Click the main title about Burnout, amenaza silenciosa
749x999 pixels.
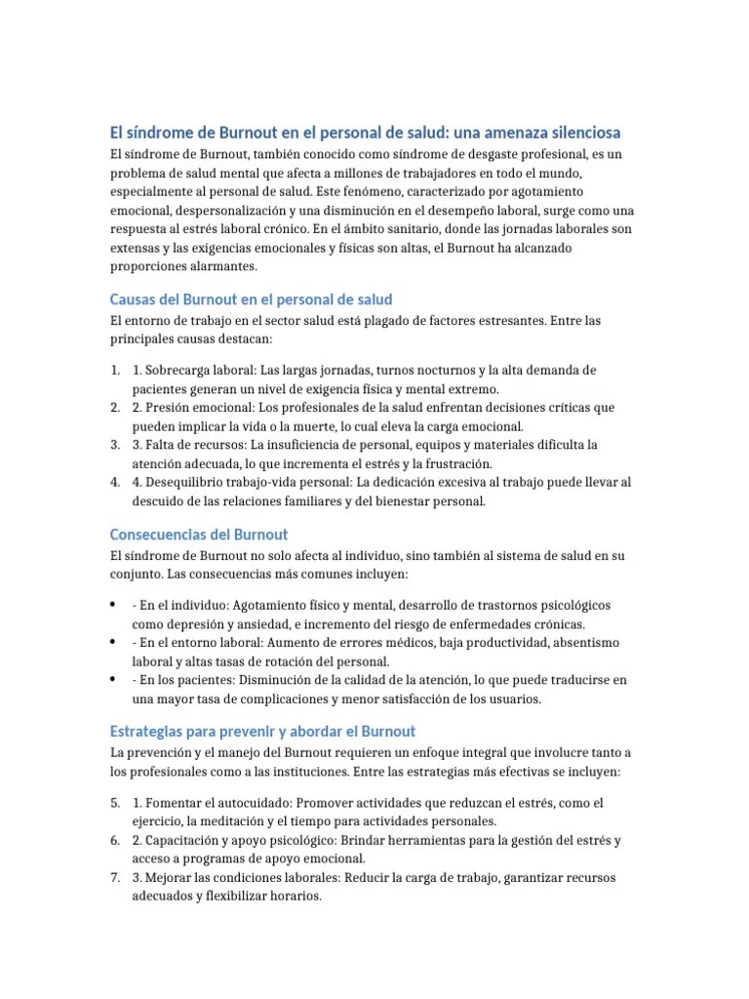pos(365,133)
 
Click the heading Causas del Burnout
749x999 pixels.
pos(251,299)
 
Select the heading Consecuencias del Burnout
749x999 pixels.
pos(199,535)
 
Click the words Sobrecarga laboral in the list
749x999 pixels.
pos(199,371)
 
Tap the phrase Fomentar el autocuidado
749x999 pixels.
pos(217,803)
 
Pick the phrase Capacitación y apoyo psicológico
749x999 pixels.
pos(245,840)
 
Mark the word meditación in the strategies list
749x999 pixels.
pos(232,820)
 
